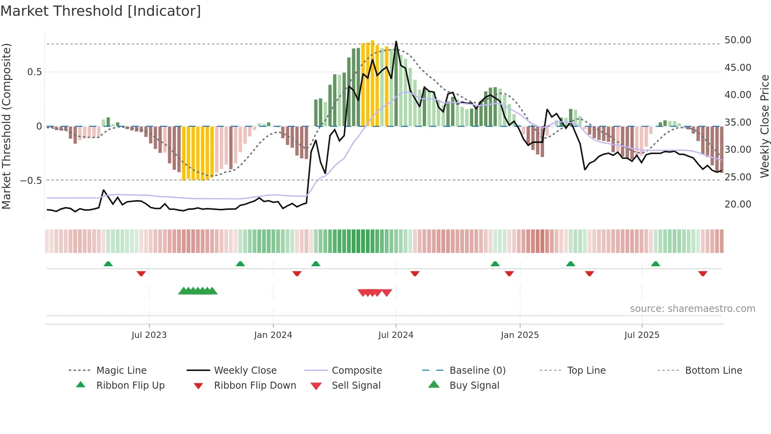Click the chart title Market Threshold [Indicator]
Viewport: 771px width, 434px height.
tap(101, 11)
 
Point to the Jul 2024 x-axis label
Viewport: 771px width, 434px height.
tap(396, 335)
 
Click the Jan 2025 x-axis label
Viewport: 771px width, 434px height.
tap(520, 335)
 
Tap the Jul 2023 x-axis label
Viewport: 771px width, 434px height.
tap(149, 335)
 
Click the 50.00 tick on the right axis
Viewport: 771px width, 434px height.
tap(738, 40)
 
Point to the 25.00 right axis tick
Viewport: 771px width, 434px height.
tap(738, 177)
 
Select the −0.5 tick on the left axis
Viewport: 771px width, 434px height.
tap(31, 181)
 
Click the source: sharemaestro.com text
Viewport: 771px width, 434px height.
tap(692, 309)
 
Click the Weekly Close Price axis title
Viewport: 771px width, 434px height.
tap(764, 126)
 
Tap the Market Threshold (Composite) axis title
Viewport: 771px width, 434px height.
tap(6, 126)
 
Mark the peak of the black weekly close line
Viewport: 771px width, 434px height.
tap(396, 41)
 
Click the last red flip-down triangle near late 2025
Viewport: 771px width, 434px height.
tap(703, 273)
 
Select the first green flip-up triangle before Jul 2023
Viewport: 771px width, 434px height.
tap(108, 264)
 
